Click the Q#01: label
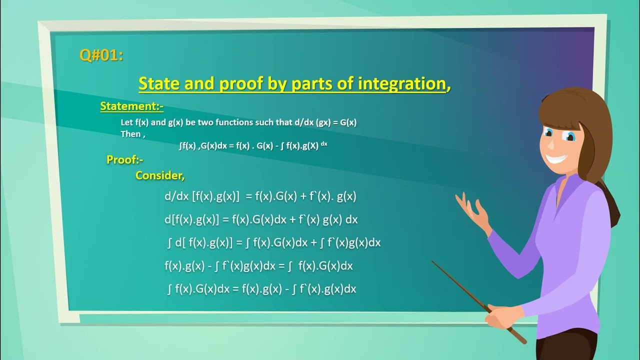(x=101, y=55)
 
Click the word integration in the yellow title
(x=401, y=83)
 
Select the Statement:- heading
(x=132, y=106)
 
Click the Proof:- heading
(x=125, y=159)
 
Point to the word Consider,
(x=160, y=175)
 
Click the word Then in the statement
(x=131, y=134)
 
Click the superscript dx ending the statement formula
(x=324, y=144)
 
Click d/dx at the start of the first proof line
(x=176, y=196)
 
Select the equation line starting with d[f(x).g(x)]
(x=260, y=219)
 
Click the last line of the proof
(x=261, y=288)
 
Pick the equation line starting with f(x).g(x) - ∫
(x=258, y=266)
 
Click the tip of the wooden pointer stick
(x=433, y=261)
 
